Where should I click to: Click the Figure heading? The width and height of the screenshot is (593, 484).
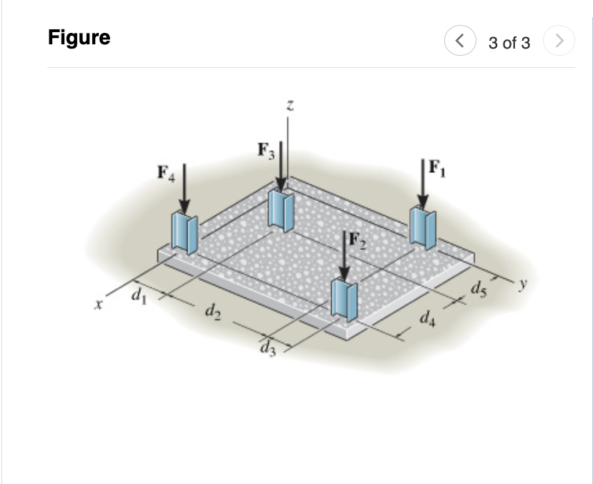[79, 37]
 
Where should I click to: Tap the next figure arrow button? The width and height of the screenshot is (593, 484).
[559, 42]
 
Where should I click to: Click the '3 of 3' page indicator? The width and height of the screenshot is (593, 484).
[509, 43]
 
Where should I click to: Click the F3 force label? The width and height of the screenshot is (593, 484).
[265, 152]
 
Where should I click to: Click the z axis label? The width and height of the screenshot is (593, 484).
[288, 105]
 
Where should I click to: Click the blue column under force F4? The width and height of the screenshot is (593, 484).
[185, 232]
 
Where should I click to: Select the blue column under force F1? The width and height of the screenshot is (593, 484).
[422, 227]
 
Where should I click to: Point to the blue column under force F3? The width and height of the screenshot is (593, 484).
[281, 210]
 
